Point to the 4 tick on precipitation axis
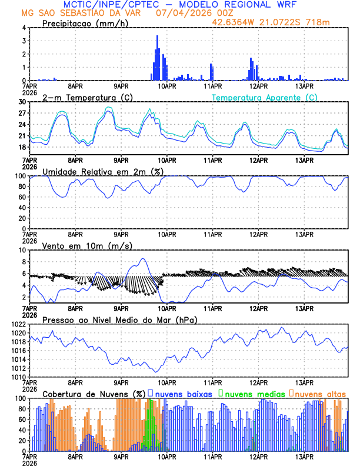pyautogui.click(x=24, y=28)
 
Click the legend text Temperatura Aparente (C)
pyautogui.click(x=265, y=97)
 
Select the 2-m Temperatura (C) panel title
pyautogui.click(x=88, y=97)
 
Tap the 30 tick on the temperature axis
pyautogui.click(x=22, y=102)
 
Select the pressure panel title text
pyautogui.click(x=119, y=319)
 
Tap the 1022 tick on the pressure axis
pyautogui.click(x=19, y=324)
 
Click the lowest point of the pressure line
pyautogui.click(x=155, y=372)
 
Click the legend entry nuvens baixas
pyautogui.click(x=183, y=393)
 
